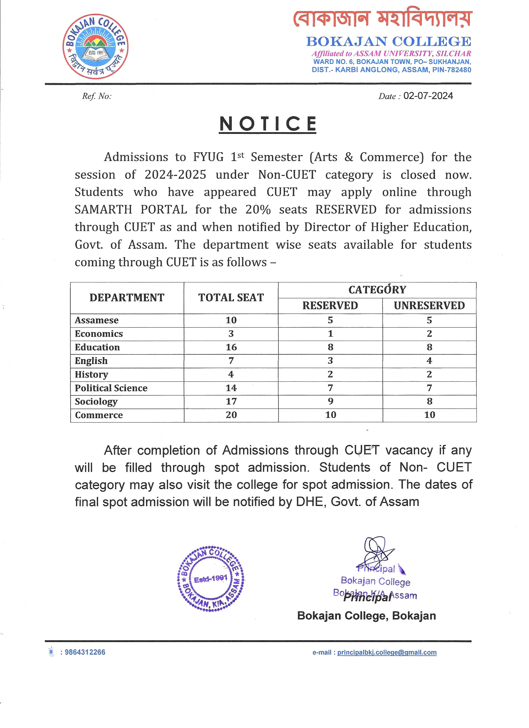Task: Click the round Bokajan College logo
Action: (x=96, y=46)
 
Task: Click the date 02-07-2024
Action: (x=428, y=96)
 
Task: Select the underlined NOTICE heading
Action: (x=268, y=124)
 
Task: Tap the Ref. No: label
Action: (x=96, y=96)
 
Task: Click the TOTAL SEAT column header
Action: (x=231, y=298)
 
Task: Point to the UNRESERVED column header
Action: (x=429, y=305)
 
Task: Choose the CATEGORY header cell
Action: (x=377, y=290)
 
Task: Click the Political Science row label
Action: (x=111, y=388)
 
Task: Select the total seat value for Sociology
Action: (x=231, y=402)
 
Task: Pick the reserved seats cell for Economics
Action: (x=330, y=334)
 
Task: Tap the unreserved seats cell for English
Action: (x=429, y=361)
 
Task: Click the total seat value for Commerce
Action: (x=231, y=415)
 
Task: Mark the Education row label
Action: (x=97, y=347)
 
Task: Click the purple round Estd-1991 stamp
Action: (x=210, y=579)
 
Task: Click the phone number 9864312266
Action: (x=85, y=652)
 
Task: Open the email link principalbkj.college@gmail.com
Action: (x=386, y=653)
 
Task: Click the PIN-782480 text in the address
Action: (x=452, y=70)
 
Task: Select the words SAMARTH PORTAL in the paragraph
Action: (x=131, y=210)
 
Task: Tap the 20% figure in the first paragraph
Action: (x=258, y=210)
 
